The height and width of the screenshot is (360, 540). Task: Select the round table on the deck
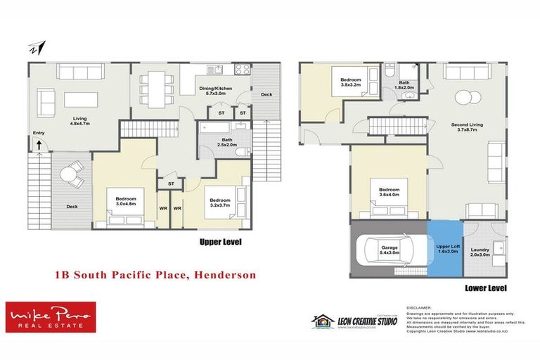click(71, 173)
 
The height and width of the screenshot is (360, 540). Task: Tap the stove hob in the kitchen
click(242, 69)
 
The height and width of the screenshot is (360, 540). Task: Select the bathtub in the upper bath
click(217, 129)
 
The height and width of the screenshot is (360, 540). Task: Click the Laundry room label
click(480, 251)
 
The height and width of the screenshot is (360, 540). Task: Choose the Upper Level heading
click(221, 242)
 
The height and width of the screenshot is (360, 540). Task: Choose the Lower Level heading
click(484, 288)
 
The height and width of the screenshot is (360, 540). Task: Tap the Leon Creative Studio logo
click(354, 321)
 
